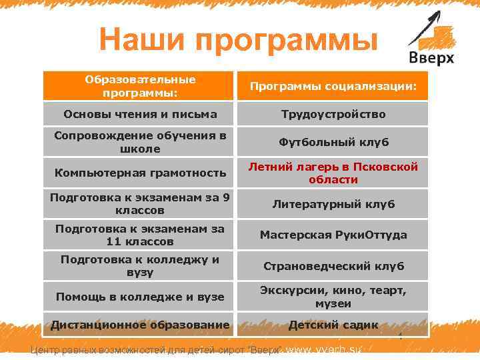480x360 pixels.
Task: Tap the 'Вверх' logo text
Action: tap(431, 58)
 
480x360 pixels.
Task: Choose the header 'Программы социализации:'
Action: tap(333, 87)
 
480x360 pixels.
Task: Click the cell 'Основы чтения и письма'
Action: tap(140, 114)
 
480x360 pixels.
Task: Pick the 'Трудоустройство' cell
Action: tap(333, 114)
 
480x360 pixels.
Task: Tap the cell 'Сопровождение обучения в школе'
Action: tap(140, 142)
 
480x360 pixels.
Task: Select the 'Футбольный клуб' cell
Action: tap(333, 142)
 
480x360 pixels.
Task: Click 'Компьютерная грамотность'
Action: tap(140, 173)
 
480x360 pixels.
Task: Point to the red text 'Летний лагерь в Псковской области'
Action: tap(333, 173)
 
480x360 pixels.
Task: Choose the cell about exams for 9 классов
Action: tap(140, 203)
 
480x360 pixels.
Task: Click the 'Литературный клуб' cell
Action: tap(333, 204)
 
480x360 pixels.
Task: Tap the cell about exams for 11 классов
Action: tap(140, 235)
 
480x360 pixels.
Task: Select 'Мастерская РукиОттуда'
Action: tap(333, 235)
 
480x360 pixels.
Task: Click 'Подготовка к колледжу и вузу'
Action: tap(140, 265)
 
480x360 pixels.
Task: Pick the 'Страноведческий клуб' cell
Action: tap(333, 266)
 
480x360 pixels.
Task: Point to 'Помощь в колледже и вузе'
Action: tap(140, 297)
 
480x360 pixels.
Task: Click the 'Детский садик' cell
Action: tap(333, 325)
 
